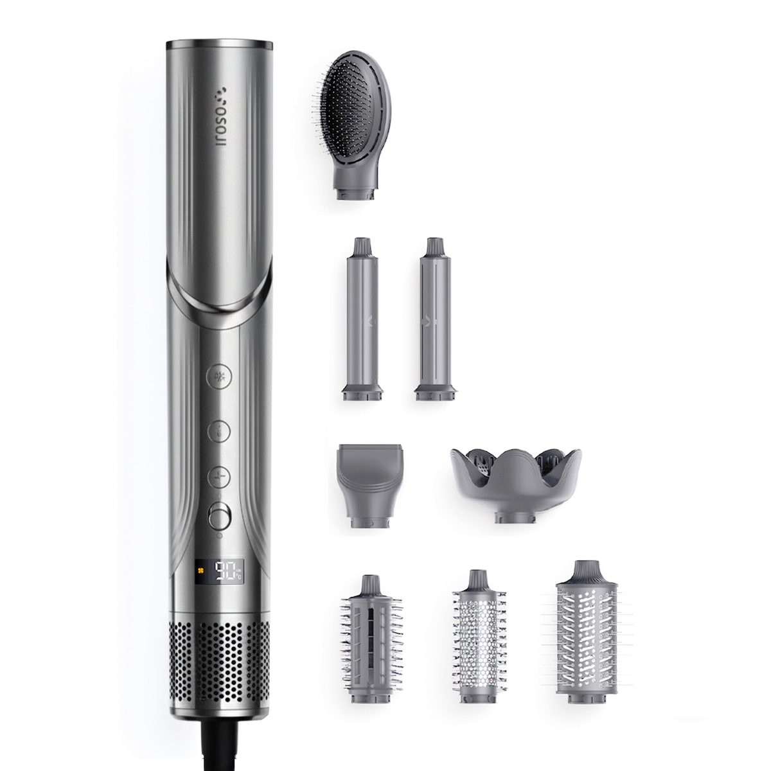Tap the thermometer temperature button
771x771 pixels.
[x=219, y=431]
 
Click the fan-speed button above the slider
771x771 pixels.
[x=219, y=477]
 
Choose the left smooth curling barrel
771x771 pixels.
[x=362, y=319]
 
